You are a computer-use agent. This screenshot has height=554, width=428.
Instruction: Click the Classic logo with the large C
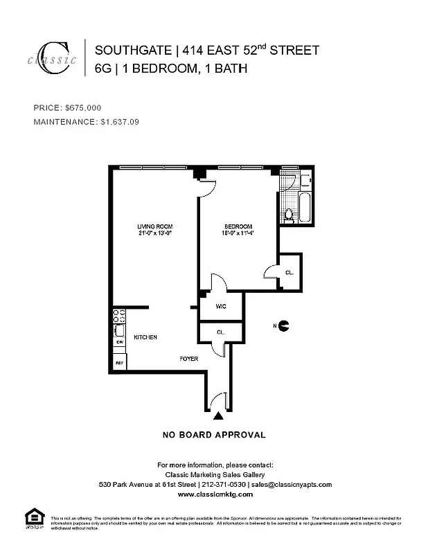53,57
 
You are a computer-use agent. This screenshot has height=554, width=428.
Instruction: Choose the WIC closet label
222,306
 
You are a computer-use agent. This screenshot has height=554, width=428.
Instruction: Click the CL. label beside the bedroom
289,273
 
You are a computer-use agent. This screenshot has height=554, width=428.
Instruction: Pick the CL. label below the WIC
220,332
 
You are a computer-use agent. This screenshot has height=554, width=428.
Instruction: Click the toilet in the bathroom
289,216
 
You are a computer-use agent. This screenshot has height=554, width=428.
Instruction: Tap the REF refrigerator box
119,362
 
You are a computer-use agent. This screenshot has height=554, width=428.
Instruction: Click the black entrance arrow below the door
218,415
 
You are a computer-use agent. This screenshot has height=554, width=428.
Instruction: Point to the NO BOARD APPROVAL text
213,436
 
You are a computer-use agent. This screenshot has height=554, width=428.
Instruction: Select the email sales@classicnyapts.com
292,485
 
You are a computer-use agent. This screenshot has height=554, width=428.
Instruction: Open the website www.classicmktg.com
215,495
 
